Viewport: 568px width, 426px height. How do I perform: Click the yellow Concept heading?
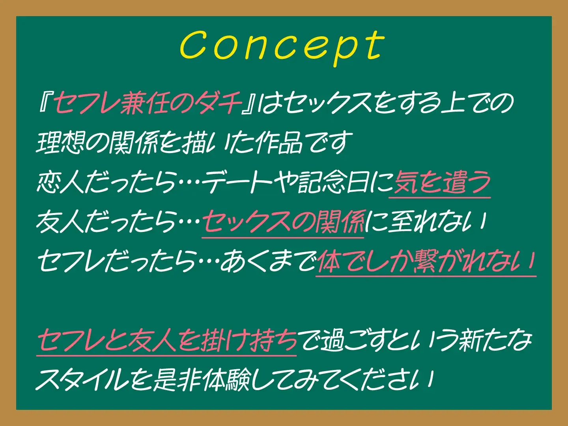pos(282,47)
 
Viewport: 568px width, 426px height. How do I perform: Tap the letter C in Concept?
pos(194,46)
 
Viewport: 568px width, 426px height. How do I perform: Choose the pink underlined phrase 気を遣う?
pos(440,182)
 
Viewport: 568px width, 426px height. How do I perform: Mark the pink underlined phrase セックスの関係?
pos(283,222)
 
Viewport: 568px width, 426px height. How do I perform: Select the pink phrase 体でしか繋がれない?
pos(426,262)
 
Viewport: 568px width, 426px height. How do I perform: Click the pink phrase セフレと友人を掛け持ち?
pos(166,340)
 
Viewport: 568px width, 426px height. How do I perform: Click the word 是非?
pos(177,380)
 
